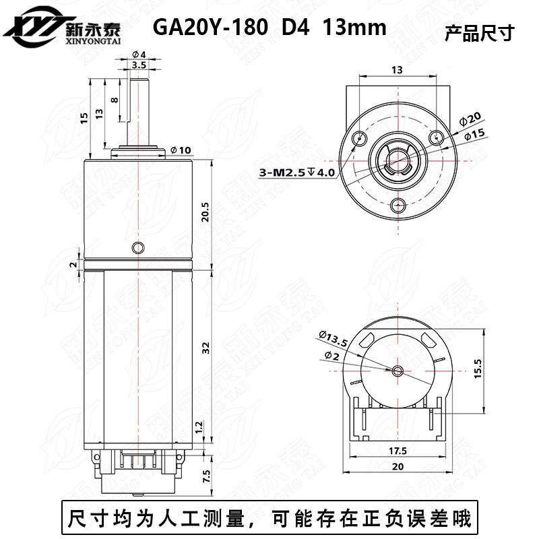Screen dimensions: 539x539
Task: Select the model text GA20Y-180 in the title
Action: coord(202,28)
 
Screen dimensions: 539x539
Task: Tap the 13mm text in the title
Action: coord(354,28)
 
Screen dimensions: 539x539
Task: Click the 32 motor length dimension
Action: coord(206,348)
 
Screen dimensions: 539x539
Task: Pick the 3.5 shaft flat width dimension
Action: coord(139,65)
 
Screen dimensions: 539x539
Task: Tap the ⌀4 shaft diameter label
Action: coord(139,54)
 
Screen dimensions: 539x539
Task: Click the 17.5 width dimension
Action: coord(397,450)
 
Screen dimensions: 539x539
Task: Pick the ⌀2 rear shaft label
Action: coord(331,355)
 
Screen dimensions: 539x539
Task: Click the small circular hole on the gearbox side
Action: coord(139,248)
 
